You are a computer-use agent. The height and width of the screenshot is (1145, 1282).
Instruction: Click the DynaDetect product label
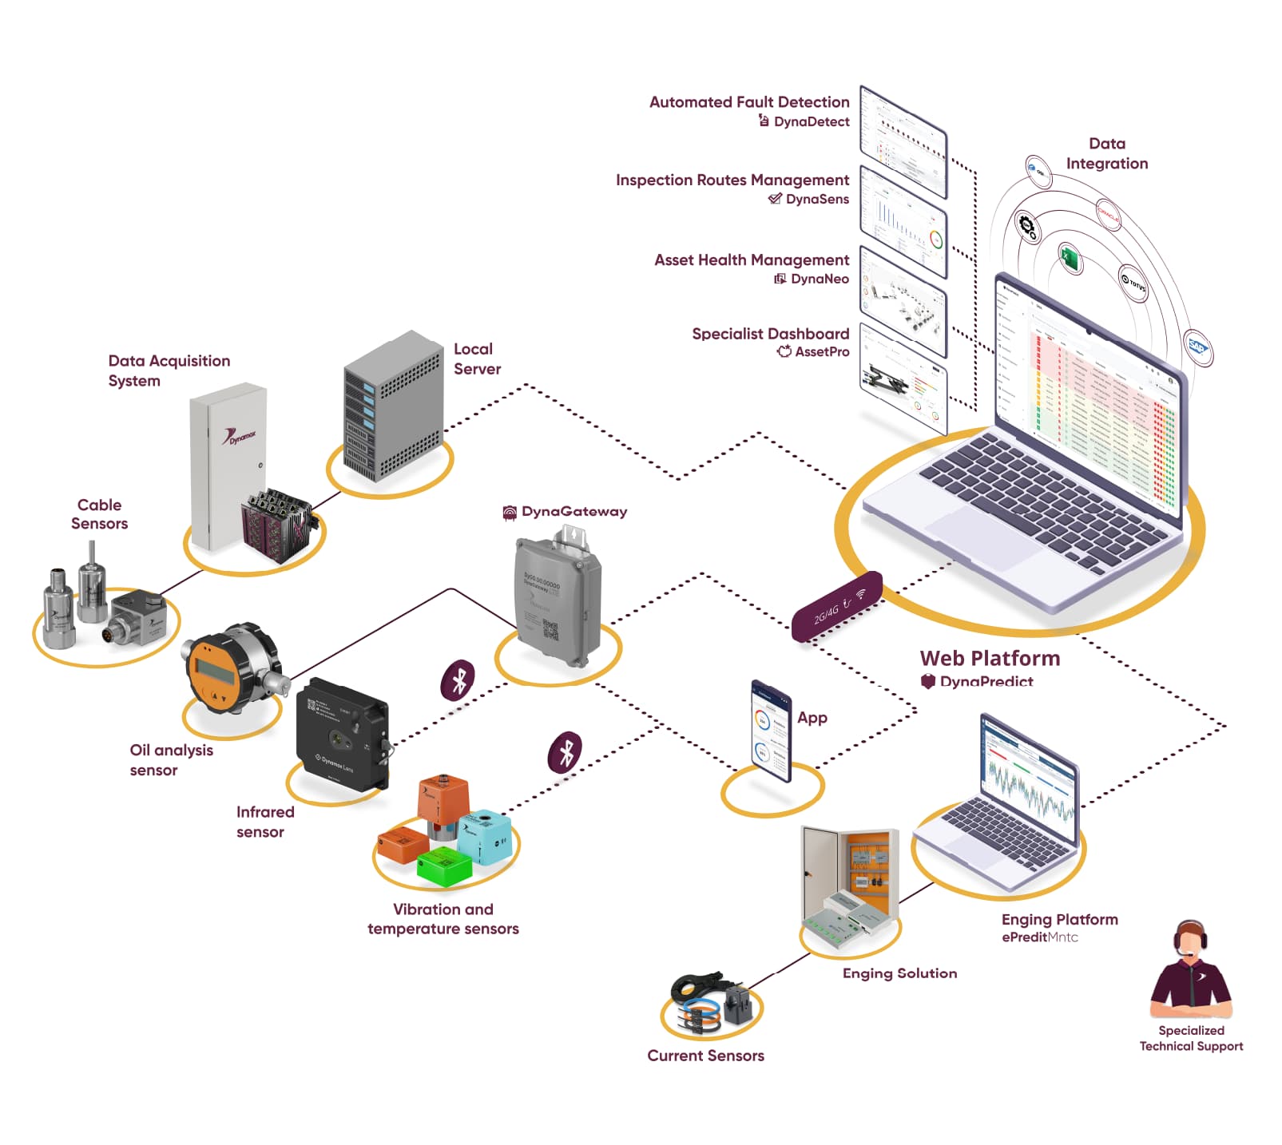811,121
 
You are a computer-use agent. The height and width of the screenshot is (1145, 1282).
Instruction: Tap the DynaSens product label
816,199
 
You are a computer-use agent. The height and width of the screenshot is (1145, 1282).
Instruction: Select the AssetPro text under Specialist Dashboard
821,351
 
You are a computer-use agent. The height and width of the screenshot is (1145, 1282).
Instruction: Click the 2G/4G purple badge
836,607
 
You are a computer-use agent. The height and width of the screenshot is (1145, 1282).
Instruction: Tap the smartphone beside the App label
771,731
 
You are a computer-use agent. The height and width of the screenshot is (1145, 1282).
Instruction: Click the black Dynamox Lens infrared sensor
342,735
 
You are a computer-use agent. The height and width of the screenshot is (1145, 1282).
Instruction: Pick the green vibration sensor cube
444,866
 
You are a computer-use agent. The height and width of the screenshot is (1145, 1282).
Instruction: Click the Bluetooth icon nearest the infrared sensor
458,681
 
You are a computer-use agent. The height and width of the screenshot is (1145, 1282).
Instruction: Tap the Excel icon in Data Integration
1069,259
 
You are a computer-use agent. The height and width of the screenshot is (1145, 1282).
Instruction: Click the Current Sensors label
705,1056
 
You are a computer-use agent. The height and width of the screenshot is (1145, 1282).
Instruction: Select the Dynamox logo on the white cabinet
239,436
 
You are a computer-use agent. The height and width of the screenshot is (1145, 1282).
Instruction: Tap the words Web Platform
990,658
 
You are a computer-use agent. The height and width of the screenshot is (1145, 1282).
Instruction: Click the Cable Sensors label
99,514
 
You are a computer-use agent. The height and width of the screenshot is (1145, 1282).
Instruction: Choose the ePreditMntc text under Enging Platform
1039,937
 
